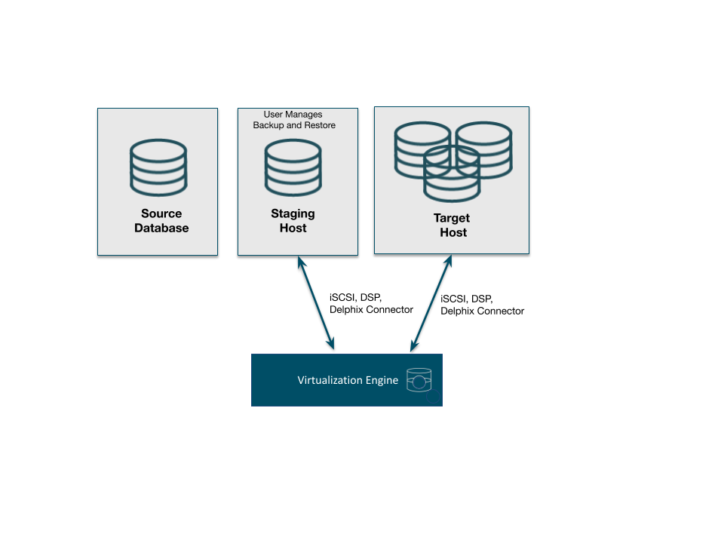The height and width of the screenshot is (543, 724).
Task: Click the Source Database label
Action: pyautogui.click(x=161, y=221)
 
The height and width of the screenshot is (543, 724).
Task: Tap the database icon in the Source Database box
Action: pyautogui.click(x=158, y=167)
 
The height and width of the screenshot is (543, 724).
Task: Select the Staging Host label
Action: pyautogui.click(x=293, y=221)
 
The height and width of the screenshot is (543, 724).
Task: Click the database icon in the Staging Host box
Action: pyautogui.click(x=293, y=167)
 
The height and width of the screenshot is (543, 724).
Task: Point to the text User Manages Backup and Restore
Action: pyautogui.click(x=294, y=119)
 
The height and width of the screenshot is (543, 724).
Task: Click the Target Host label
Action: pyautogui.click(x=453, y=225)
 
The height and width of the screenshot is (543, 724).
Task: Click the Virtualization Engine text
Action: pyautogui.click(x=348, y=380)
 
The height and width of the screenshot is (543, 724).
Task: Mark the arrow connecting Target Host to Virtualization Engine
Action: pyautogui.click(x=431, y=303)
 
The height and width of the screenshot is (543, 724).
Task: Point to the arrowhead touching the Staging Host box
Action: pyautogui.click(x=302, y=262)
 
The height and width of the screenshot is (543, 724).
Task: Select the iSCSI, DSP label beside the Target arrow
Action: pyautogui.click(x=467, y=298)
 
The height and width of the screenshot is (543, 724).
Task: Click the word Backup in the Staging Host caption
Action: pyautogui.click(x=268, y=125)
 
